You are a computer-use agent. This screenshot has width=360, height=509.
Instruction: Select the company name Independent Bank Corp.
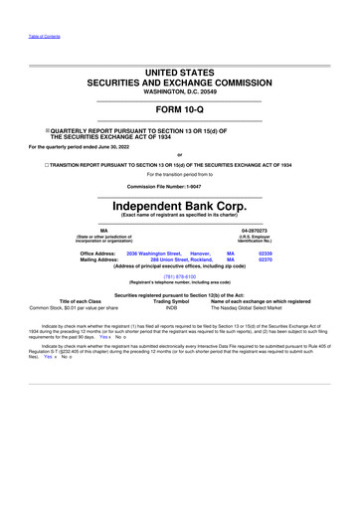point(179,198)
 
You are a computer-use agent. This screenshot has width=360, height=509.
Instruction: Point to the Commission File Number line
point(179,186)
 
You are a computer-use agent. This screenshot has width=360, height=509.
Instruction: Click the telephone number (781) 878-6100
point(179,276)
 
